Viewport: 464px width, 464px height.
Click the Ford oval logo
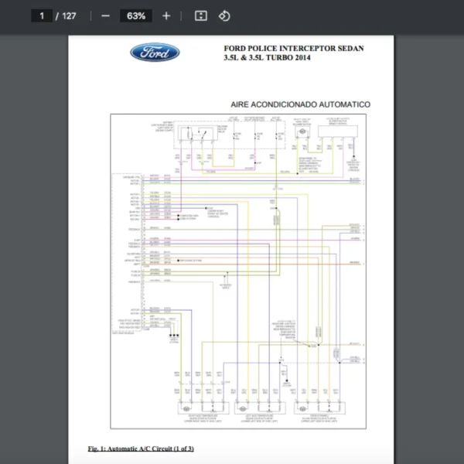(x=155, y=53)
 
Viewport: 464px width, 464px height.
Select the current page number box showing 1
(x=42, y=15)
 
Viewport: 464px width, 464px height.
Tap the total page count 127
(x=69, y=15)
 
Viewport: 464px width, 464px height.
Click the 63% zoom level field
(x=136, y=15)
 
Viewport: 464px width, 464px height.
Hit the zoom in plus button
(x=166, y=15)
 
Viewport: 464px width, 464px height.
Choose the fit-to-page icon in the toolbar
(x=200, y=15)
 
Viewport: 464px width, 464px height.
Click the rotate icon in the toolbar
(x=224, y=15)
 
